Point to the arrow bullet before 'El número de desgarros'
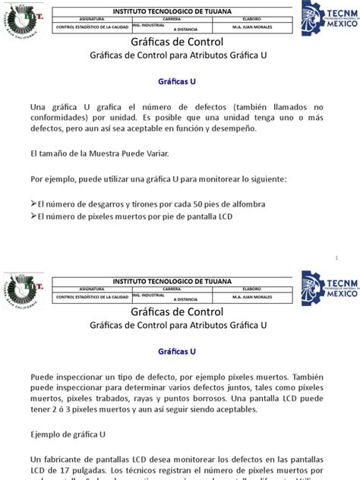[33, 205]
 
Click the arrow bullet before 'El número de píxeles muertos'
[33, 217]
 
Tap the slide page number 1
[336, 259]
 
